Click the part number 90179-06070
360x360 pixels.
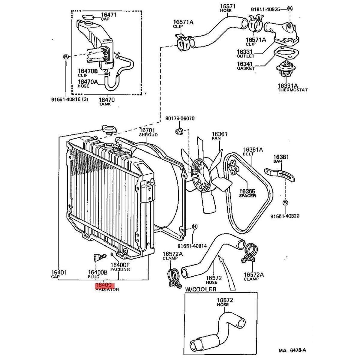tap(180, 119)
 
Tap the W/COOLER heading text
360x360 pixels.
tap(200, 289)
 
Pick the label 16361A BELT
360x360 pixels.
tap(253, 151)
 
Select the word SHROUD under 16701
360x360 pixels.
tap(148, 135)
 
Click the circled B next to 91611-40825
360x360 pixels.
tap(289, 9)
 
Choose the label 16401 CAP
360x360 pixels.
tap(59, 274)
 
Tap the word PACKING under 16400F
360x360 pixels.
tap(120, 269)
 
